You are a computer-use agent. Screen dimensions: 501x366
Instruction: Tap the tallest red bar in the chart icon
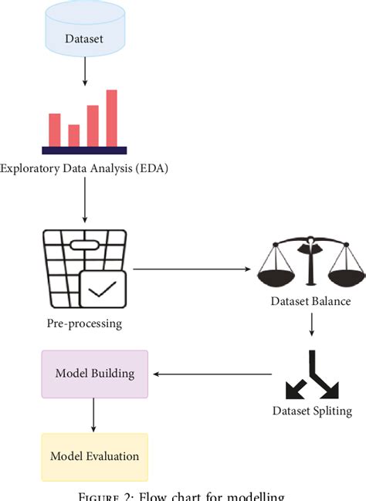coord(112,117)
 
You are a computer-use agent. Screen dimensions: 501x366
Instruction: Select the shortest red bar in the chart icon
coord(74,135)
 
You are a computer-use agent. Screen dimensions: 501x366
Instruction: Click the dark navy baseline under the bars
coord(84,150)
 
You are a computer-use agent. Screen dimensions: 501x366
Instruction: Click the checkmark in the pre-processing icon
coord(103,291)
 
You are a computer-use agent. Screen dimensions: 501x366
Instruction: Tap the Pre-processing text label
coord(83,323)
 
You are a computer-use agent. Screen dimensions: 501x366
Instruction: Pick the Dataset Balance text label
coord(311,302)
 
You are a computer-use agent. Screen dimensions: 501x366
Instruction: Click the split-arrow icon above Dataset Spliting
coord(311,374)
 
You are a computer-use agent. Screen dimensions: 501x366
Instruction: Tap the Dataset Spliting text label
coord(312,411)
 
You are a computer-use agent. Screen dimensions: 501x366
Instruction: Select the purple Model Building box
coord(94,374)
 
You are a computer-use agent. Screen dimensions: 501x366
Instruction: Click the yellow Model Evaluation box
coord(94,456)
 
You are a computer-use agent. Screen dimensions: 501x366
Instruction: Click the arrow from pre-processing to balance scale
coord(193,269)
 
